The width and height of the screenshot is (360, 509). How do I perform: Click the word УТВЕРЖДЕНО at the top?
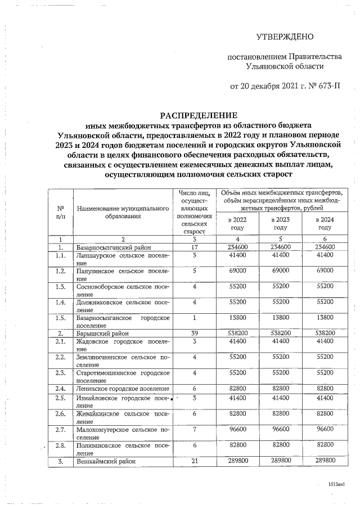pyautogui.click(x=284, y=38)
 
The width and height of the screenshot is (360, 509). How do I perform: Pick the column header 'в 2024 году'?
pyautogui.click(x=325, y=223)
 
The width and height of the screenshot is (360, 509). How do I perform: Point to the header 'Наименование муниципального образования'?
pyautogui.click(x=123, y=211)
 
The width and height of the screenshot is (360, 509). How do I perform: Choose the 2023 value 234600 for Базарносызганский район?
pyautogui.click(x=280, y=247)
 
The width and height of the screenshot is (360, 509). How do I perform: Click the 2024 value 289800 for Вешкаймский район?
pyautogui.click(x=325, y=461)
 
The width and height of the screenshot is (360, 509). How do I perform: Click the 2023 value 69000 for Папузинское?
pyautogui.click(x=280, y=271)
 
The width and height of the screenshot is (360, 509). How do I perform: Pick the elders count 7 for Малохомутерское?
pyautogui.click(x=193, y=428)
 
